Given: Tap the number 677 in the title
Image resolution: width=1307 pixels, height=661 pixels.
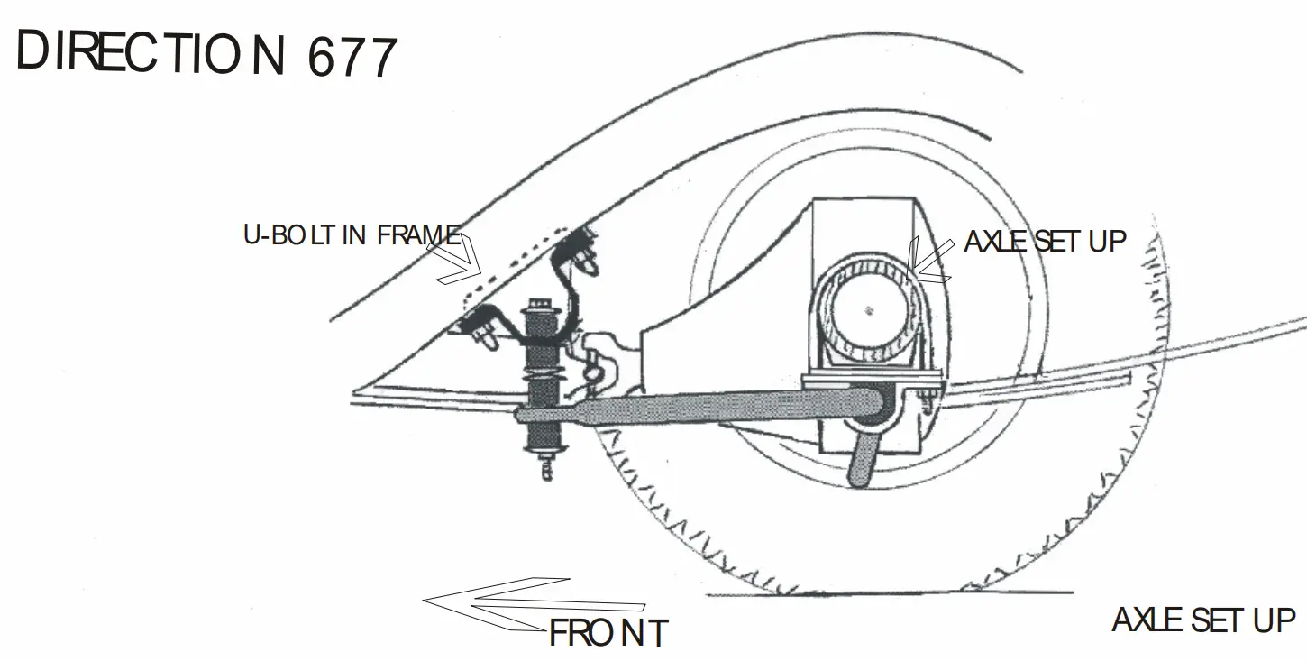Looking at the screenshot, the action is tap(352, 57).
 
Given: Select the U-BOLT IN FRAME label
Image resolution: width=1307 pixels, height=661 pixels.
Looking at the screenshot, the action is tap(352, 235).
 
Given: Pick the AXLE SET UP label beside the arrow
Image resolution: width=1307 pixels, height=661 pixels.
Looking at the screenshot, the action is tap(1045, 242).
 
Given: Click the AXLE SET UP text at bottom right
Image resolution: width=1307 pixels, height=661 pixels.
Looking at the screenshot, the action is tap(1203, 620).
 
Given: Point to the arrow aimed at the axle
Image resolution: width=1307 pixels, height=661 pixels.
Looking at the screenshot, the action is tap(929, 261).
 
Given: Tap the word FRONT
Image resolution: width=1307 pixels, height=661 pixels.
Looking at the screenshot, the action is tap(608, 633).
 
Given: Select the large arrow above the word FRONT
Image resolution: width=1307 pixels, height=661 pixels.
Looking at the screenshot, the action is tap(534, 603).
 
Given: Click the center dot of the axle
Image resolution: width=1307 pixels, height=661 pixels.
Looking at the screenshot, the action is tap(869, 310).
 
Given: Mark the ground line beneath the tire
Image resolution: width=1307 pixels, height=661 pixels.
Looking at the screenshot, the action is tap(890, 593).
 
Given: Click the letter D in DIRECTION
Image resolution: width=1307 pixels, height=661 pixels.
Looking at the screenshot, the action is tap(32, 50).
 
